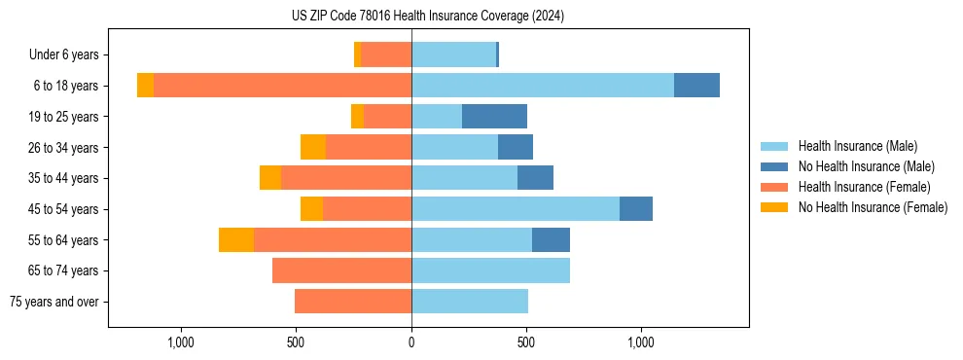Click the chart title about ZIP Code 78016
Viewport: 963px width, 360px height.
tap(428, 16)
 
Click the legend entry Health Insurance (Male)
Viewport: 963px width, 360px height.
tap(857, 146)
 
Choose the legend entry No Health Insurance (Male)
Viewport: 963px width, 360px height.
tap(866, 166)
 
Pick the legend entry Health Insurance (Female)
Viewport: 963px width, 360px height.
tap(864, 187)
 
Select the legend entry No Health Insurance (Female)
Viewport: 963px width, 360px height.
tap(873, 207)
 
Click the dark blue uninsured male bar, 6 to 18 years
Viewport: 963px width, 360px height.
tap(696, 86)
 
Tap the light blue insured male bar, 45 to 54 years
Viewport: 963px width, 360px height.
tap(516, 209)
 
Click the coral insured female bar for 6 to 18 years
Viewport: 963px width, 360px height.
tap(282, 86)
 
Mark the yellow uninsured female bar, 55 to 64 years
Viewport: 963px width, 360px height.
tap(236, 240)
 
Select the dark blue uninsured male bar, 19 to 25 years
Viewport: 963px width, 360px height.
tap(494, 117)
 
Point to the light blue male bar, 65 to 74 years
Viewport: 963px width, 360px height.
tap(490, 270)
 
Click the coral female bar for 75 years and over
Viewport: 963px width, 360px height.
tap(353, 302)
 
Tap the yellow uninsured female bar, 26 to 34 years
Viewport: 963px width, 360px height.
tap(313, 147)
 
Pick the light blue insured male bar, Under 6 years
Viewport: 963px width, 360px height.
tap(453, 54)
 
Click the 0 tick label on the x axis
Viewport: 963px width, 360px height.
tap(411, 342)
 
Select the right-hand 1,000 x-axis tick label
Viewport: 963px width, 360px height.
tap(641, 342)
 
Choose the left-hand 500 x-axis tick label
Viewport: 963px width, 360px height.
tap(297, 342)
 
